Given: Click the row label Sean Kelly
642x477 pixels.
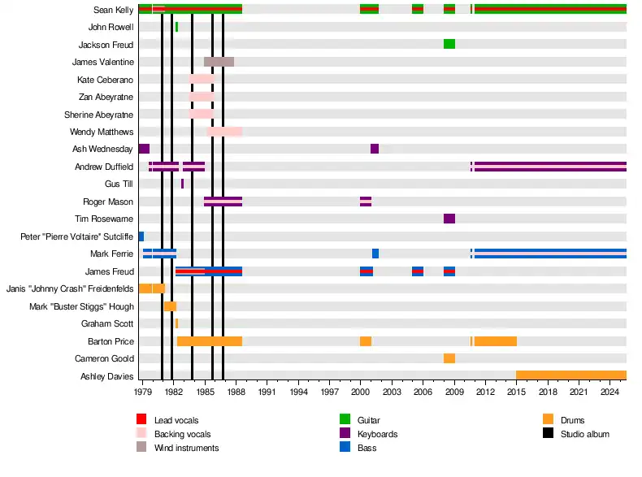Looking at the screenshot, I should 114,10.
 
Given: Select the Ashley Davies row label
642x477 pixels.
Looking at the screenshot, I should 107,376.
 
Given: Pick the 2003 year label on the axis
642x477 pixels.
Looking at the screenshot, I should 392,392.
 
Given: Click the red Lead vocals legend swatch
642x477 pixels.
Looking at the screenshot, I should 141,419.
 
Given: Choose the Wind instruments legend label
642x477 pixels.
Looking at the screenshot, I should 186,448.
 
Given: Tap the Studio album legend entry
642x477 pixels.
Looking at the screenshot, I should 584,434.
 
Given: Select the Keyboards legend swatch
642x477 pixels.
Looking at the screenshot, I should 345,434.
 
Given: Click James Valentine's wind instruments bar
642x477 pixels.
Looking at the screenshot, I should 219,62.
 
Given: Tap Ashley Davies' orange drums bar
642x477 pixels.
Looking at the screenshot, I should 570,375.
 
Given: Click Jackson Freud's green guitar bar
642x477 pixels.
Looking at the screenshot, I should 449,44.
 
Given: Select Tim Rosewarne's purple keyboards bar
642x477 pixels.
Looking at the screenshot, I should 449,219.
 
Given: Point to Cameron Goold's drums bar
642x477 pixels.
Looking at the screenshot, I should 449,358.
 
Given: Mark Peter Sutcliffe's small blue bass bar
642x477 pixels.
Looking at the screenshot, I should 141,236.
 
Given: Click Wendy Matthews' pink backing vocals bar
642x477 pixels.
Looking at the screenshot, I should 224,132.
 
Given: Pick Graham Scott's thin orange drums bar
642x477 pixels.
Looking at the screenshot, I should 176,323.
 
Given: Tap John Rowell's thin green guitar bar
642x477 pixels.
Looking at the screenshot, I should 176,27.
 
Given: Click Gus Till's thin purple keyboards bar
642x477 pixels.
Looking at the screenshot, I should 182,184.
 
